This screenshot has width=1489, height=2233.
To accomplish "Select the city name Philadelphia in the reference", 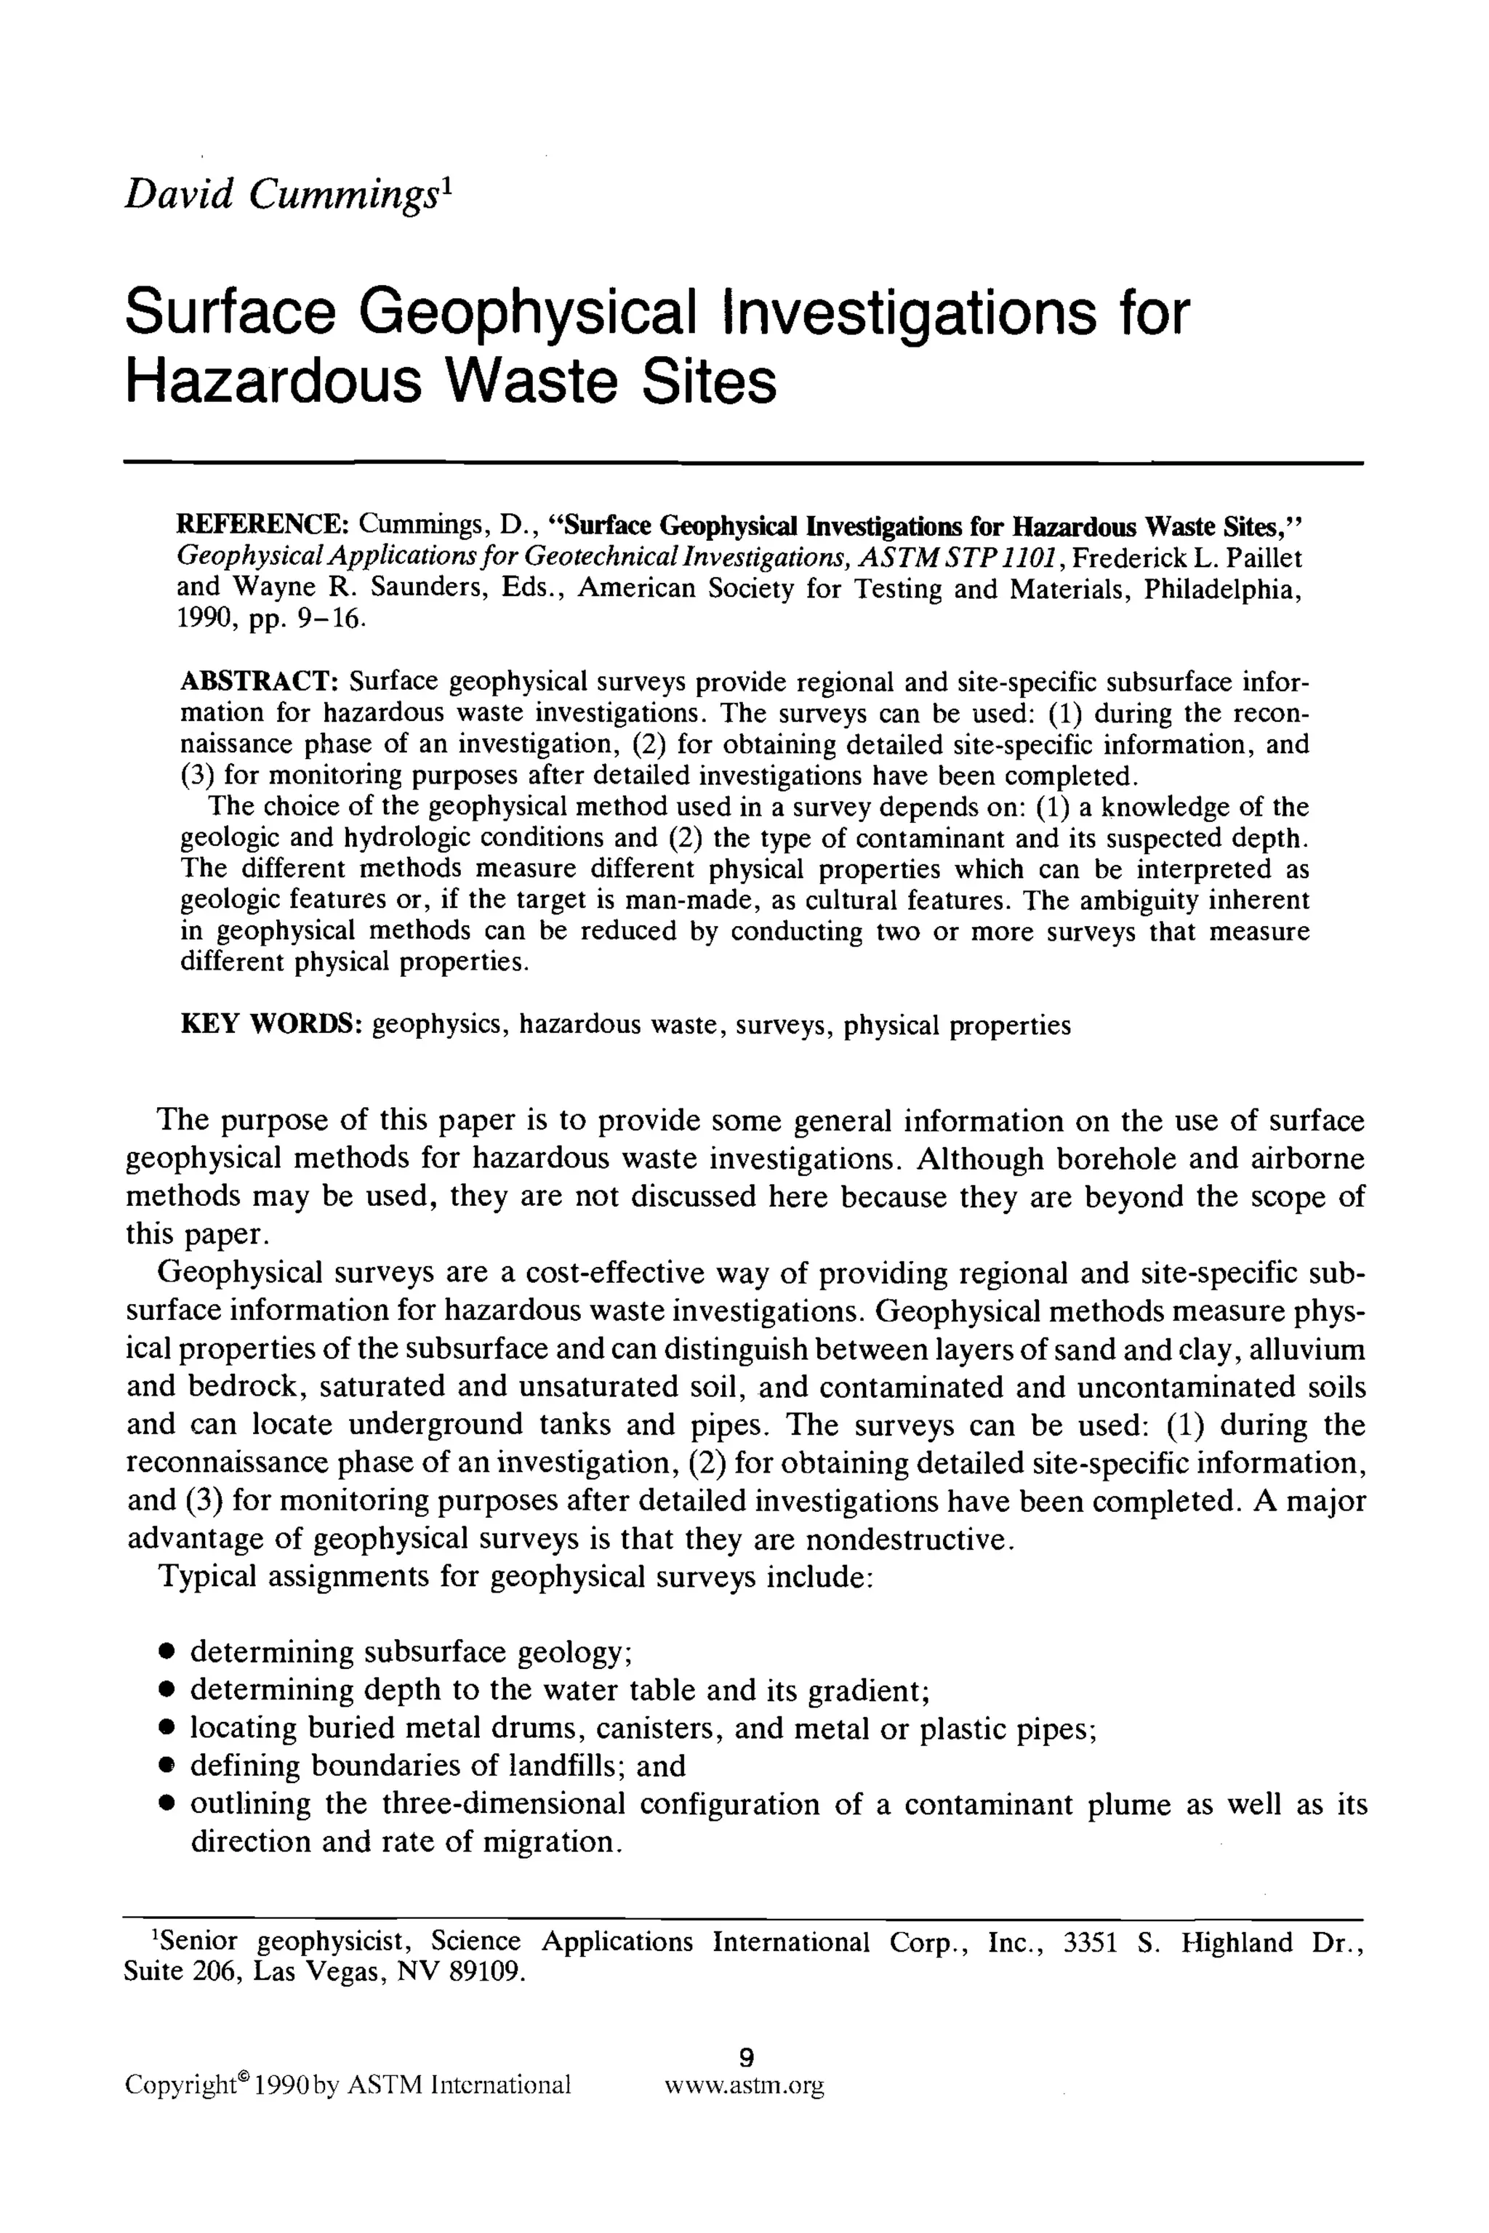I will coord(1221,589).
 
